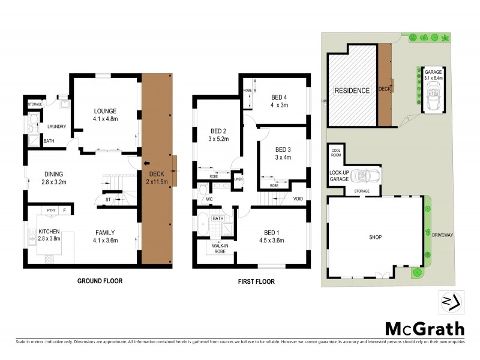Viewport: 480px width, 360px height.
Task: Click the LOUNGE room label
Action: coord(104,111)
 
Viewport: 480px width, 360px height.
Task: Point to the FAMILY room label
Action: coord(104,232)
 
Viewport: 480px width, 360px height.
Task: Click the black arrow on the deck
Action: coord(146,163)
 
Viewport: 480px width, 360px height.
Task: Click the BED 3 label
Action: coord(282,149)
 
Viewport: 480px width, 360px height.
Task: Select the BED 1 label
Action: coord(271,232)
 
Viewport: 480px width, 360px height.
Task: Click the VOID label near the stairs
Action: coord(298,198)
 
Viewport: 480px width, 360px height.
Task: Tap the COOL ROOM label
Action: coord(335,152)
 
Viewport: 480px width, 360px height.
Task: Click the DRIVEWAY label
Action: coord(443,235)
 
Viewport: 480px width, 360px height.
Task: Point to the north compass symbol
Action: coord(450,302)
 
